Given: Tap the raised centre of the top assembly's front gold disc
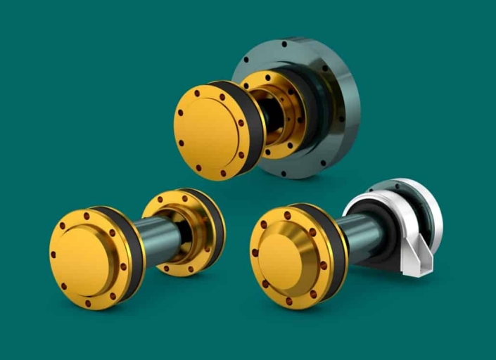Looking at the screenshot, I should [211, 131].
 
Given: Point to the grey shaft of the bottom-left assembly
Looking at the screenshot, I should [158, 236].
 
